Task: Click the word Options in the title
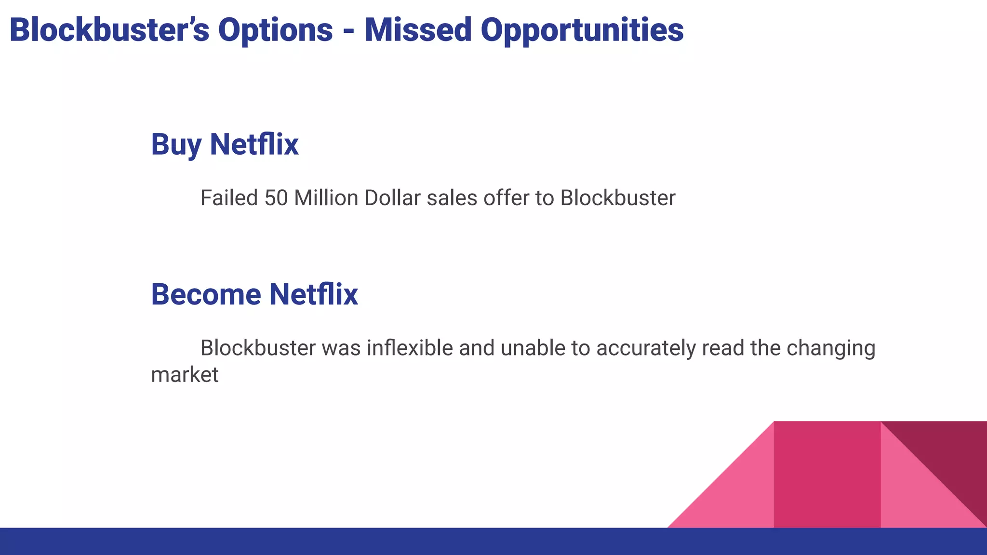[275, 30]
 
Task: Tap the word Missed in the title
[418, 30]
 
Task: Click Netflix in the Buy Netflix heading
[254, 144]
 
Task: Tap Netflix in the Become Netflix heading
[313, 294]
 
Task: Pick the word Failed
[229, 198]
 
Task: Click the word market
[185, 375]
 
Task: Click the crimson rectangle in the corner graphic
[827, 475]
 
